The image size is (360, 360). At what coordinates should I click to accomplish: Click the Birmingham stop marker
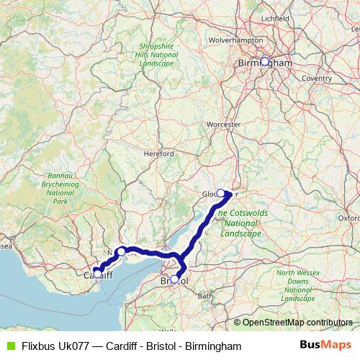click(x=265, y=62)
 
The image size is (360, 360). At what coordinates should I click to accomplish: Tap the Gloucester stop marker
click(x=221, y=193)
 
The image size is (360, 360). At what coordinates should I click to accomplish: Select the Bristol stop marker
click(x=174, y=279)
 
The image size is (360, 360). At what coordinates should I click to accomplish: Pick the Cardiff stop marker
click(x=97, y=274)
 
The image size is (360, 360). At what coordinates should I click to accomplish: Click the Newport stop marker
click(x=122, y=251)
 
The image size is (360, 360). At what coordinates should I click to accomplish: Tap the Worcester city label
click(x=222, y=124)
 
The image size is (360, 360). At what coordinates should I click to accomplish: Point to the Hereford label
click(x=159, y=154)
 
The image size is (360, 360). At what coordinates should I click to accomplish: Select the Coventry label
click(x=317, y=78)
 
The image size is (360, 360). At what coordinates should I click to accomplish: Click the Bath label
click(x=206, y=296)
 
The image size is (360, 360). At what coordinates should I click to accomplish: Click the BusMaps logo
click(x=326, y=346)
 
